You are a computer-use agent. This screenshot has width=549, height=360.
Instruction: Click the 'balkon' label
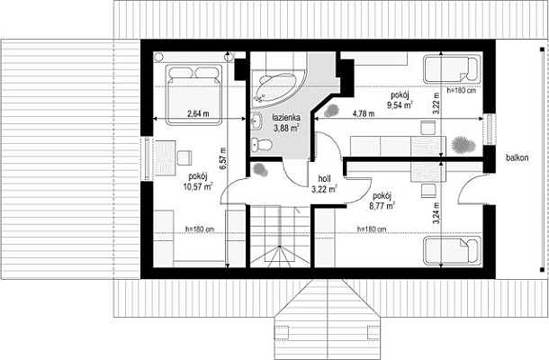[x=517, y=157]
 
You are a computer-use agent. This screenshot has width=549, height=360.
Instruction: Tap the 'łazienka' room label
[x=286, y=118]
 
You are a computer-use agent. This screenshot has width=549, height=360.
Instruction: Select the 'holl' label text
[x=324, y=179]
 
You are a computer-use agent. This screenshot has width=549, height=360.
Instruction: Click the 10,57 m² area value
[x=198, y=186]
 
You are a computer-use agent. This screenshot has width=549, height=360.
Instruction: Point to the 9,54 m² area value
[x=400, y=104]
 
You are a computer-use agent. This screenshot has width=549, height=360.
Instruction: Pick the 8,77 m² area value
[x=382, y=205]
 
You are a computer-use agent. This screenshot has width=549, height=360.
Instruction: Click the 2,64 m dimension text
[x=198, y=113]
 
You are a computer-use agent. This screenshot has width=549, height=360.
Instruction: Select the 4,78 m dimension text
[x=364, y=113]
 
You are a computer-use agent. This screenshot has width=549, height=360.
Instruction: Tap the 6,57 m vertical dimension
[x=223, y=158]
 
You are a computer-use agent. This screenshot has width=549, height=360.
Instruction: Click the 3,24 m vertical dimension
[x=436, y=213]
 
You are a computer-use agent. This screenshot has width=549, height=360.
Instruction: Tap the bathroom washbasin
[x=256, y=121]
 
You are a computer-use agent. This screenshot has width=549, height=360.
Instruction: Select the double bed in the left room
[x=194, y=94]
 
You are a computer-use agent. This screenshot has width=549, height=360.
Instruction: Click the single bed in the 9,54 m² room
[x=452, y=69]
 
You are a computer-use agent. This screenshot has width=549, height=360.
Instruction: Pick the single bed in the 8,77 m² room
[x=452, y=251]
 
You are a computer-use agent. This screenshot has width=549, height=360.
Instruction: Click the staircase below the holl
[x=280, y=237]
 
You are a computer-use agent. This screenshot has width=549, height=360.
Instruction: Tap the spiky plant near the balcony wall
[x=463, y=145]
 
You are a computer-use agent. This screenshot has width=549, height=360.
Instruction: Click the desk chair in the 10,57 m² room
[x=184, y=157]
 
